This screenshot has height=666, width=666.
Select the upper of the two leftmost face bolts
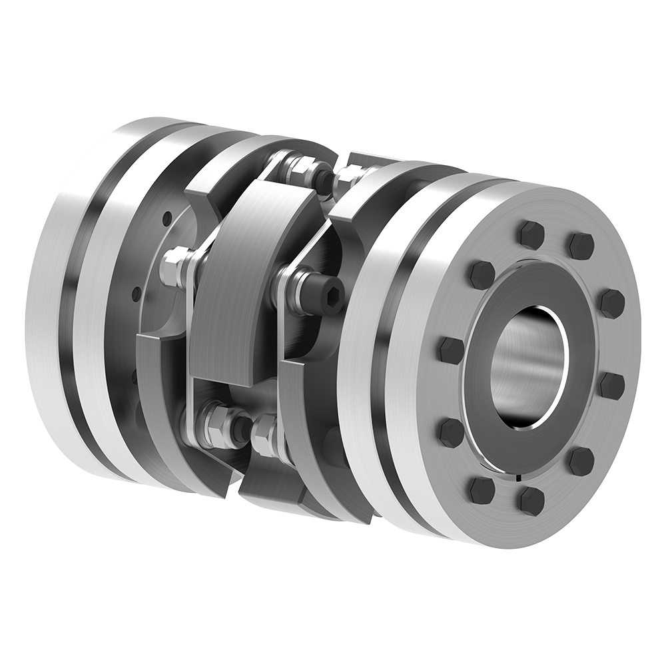[452, 348]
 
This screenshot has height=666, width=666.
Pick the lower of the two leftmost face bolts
[451, 432]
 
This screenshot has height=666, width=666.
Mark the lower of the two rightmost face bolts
[611, 385]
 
